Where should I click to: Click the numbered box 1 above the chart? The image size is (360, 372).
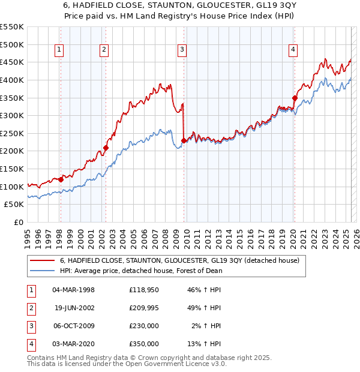pos(60,50)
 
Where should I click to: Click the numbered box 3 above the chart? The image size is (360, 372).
pos(182,50)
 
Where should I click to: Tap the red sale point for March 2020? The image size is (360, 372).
pos(295,98)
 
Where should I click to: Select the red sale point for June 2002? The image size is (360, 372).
pos(106,148)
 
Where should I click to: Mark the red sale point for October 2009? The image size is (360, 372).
pos(184,140)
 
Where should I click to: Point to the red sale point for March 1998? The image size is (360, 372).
pos(61,179)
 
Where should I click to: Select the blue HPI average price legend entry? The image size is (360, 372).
pos(141,271)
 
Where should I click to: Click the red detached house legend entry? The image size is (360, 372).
pos(183,260)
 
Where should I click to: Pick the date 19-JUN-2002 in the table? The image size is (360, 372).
pos(74,308)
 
